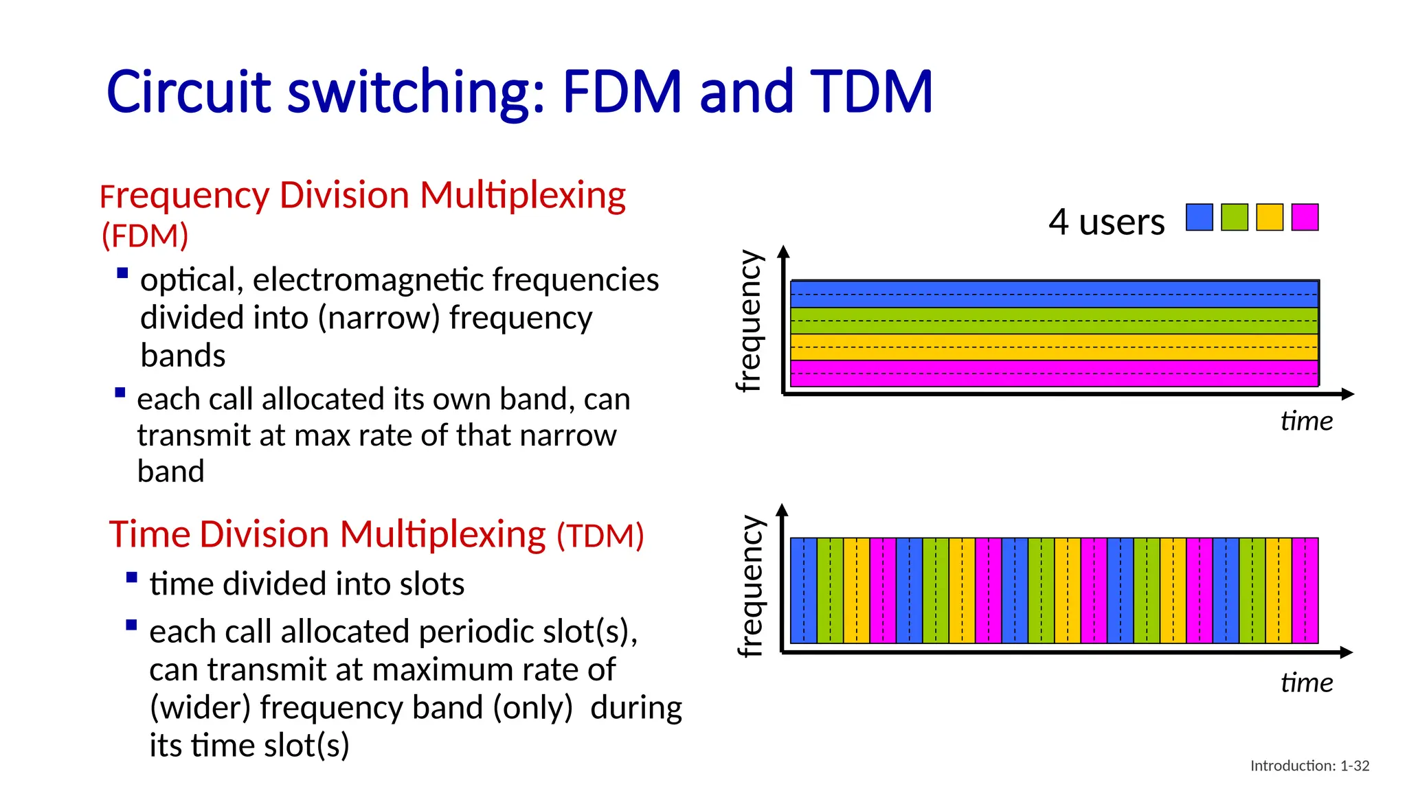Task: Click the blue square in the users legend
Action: point(1200,217)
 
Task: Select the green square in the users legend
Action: point(1235,217)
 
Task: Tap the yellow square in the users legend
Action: point(1270,217)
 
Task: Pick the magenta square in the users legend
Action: point(1305,217)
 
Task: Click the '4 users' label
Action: point(1106,222)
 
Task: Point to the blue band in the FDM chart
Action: point(1054,294)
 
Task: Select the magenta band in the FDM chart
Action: point(1054,374)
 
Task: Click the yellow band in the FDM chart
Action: point(1054,347)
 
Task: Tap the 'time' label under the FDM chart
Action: point(1306,421)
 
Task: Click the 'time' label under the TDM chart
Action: point(1306,683)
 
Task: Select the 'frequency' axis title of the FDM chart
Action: point(750,321)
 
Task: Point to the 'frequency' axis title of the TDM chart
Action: point(750,586)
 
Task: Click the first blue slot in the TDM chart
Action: point(804,591)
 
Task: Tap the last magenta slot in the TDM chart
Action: point(1305,591)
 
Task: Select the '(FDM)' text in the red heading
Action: point(145,236)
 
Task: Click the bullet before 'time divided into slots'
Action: point(132,577)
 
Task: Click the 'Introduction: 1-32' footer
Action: point(1309,766)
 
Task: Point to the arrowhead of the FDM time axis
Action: point(1348,394)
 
